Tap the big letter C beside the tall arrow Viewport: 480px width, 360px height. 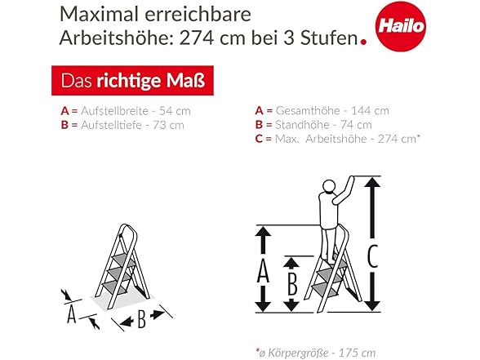pos(372,257)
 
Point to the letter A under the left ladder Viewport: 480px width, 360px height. pos(71,313)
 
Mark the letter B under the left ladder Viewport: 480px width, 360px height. pos(140,319)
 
